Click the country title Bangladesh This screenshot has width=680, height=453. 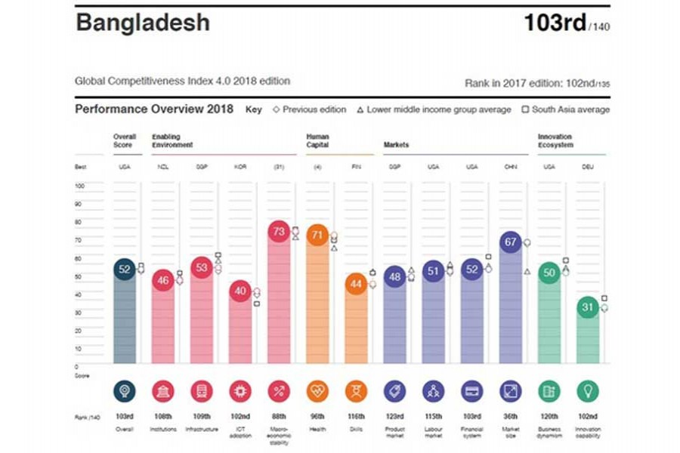(x=142, y=23)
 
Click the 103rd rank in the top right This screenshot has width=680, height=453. (x=555, y=23)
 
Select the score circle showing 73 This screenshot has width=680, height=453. (x=279, y=233)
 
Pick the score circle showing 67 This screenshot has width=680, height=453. (x=510, y=242)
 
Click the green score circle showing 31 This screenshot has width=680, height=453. (x=588, y=307)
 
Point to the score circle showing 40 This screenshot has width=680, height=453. (x=240, y=291)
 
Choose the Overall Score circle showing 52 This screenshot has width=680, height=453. (x=125, y=270)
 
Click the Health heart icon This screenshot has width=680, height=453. (x=317, y=391)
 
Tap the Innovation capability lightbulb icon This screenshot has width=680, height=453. (x=588, y=391)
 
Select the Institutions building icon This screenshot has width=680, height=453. (x=163, y=391)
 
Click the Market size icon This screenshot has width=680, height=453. (x=510, y=391)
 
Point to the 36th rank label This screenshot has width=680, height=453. (x=510, y=418)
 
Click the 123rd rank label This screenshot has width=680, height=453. (x=394, y=418)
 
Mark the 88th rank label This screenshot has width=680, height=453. (x=279, y=418)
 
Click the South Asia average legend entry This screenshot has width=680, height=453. (x=566, y=109)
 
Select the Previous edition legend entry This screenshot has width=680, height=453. (x=309, y=109)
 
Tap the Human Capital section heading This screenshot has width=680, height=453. (x=317, y=141)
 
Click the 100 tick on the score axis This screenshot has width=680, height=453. (x=79, y=185)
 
